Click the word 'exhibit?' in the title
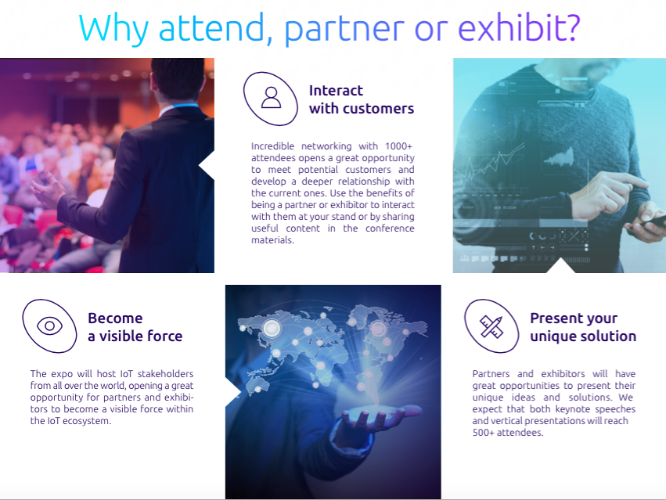(x=519, y=27)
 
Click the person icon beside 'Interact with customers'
(x=271, y=98)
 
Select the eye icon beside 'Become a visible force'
(x=49, y=326)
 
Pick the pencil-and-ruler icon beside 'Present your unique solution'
(x=491, y=326)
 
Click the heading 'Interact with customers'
(x=361, y=99)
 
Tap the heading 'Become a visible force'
(x=135, y=327)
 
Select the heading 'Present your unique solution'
(x=583, y=327)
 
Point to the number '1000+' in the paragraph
(x=398, y=146)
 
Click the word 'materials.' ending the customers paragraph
(x=272, y=240)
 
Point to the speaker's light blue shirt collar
(x=178, y=106)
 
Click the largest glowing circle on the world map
(x=272, y=328)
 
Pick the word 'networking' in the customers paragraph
(x=326, y=146)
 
